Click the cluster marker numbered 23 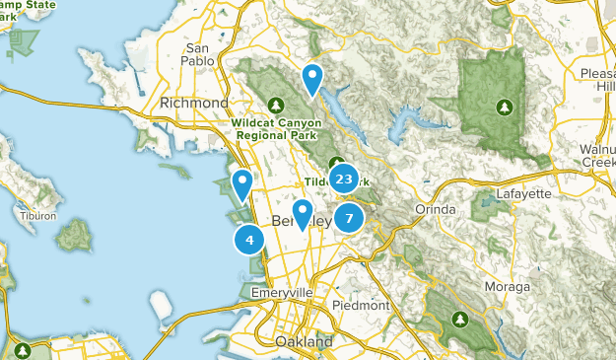[x=343, y=180]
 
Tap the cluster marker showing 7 [x=349, y=217]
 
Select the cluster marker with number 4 [x=249, y=239]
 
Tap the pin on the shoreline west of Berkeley [x=241, y=184]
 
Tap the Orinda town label [x=436, y=209]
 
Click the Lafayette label [x=522, y=193]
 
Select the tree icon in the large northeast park [x=505, y=106]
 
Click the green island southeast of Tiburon [x=74, y=234]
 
